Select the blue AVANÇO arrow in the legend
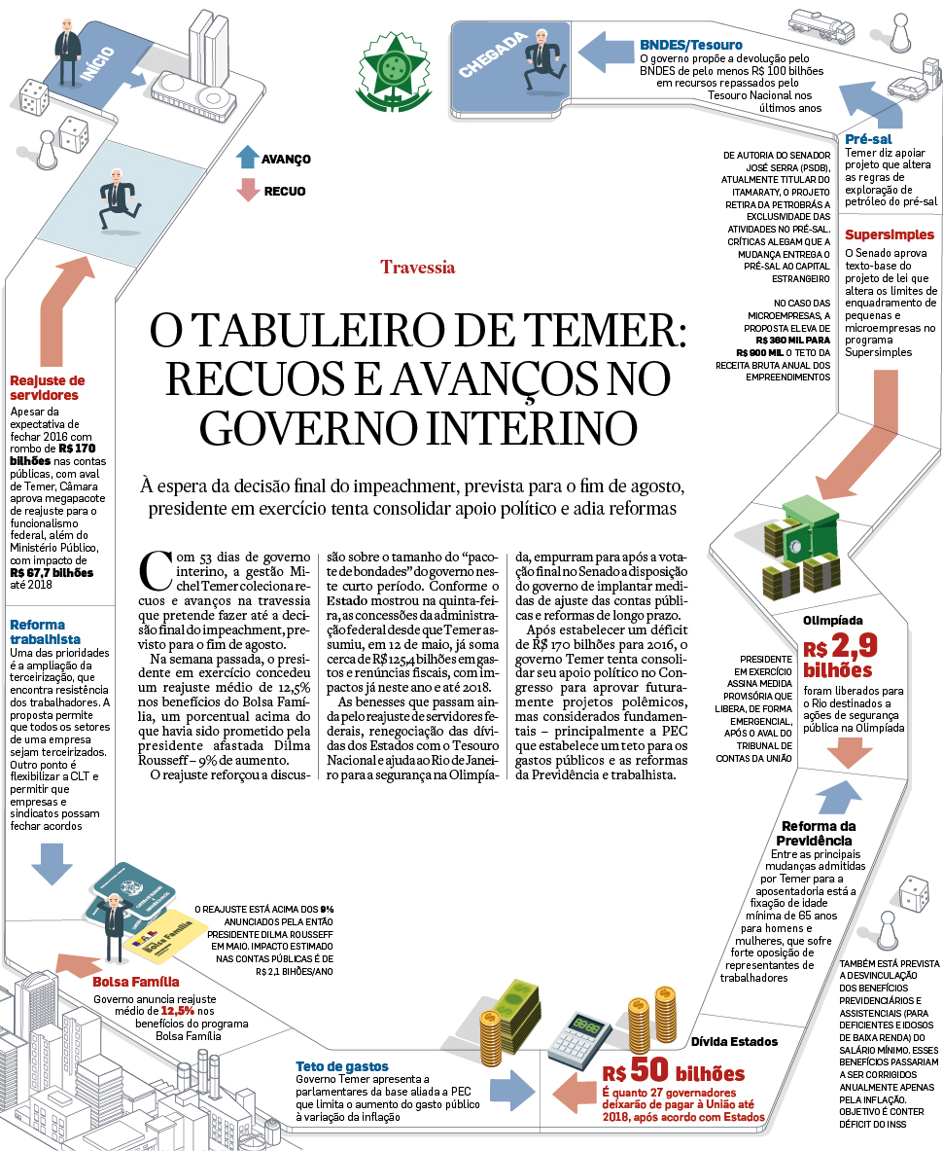click(247, 159)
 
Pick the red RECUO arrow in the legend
click(247, 191)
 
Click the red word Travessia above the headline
click(418, 267)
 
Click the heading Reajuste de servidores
click(47, 388)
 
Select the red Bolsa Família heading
click(135, 982)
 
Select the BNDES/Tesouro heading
click(691, 45)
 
